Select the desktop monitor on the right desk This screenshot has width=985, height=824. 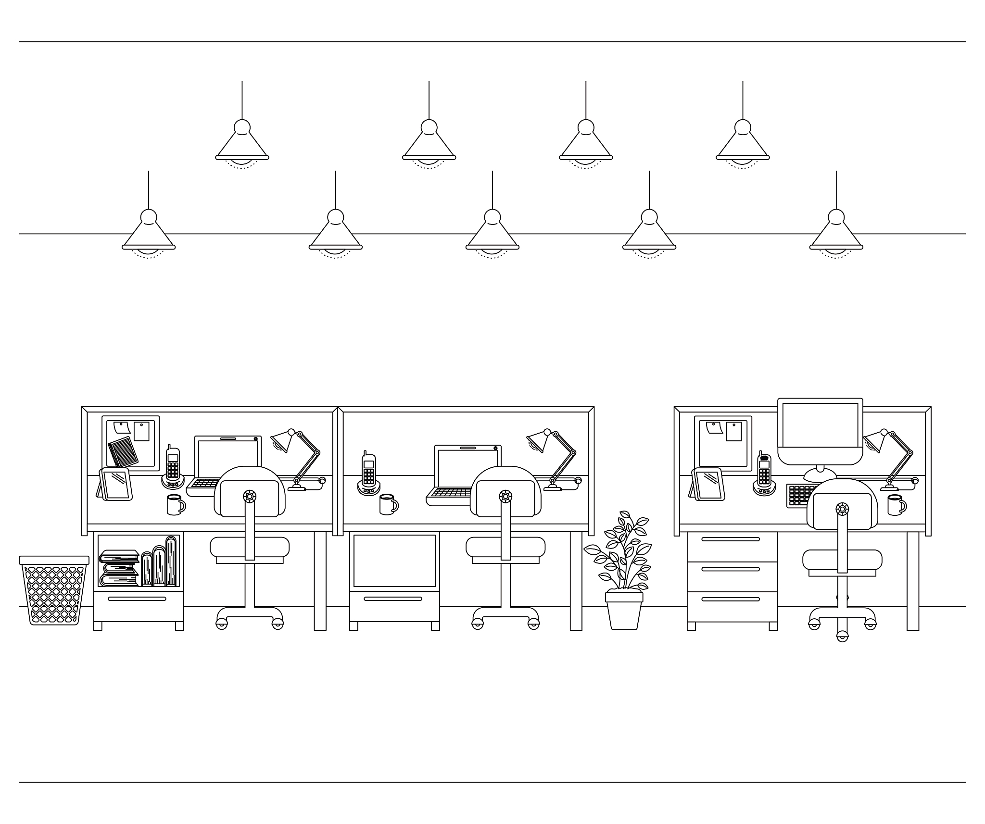820,431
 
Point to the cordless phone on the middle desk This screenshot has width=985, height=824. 368,474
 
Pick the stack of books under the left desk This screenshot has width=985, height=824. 119,568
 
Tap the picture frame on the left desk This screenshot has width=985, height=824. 116,485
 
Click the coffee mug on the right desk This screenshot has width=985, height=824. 896,505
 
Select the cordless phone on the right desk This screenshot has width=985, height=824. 764,474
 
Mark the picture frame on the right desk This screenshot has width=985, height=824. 708,484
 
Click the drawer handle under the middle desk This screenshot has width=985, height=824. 392,599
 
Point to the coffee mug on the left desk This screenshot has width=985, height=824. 175,505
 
